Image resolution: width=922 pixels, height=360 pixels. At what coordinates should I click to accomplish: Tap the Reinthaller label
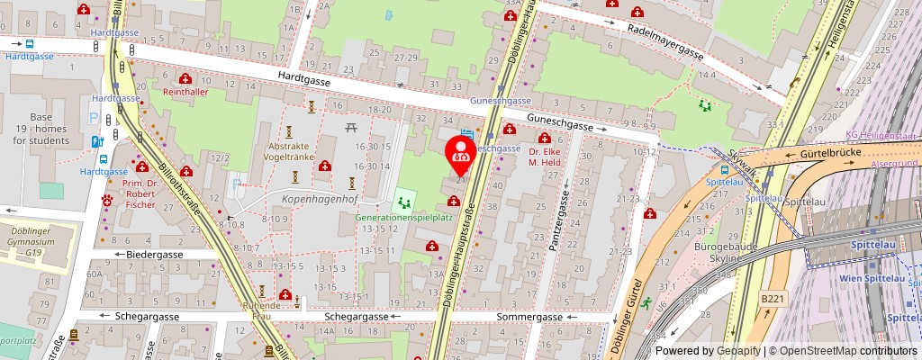[185, 92]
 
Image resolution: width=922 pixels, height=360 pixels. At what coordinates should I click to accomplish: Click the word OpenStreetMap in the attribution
[819, 351]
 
